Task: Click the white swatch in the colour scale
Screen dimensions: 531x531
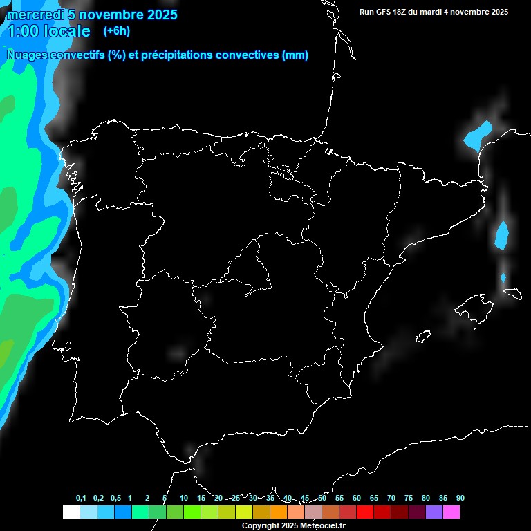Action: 71,512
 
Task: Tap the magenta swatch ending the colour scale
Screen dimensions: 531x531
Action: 451,512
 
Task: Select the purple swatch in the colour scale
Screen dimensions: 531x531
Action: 434,512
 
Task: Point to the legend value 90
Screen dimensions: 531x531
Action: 460,499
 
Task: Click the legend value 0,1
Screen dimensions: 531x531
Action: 81,499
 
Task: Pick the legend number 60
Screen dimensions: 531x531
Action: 356,499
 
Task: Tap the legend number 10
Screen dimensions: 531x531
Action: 183,499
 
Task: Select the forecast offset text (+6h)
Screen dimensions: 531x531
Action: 116,30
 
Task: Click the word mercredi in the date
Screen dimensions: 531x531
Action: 34,15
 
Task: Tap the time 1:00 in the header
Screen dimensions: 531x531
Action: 22,31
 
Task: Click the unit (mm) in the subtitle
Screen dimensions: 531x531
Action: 295,55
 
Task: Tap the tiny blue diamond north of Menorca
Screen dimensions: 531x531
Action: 503,278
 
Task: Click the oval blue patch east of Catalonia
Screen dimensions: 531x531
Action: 502,234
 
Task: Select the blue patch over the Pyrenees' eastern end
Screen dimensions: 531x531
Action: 477,134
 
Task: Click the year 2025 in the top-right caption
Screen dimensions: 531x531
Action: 496,12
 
